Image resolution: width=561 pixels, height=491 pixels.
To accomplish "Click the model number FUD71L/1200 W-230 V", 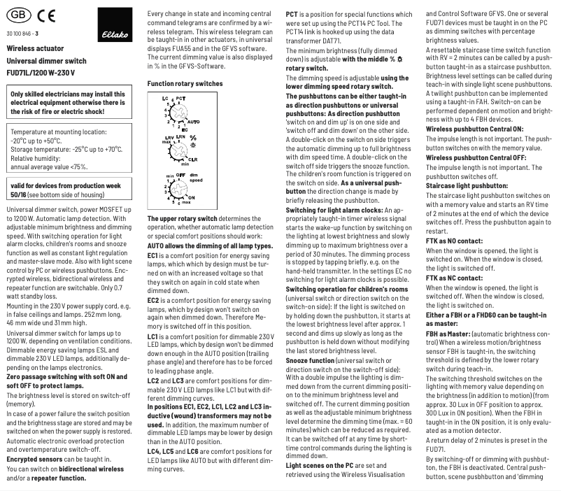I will [41, 72].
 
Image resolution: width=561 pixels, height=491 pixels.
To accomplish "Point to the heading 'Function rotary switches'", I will [185, 83].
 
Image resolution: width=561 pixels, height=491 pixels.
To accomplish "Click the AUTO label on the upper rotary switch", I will [194, 121].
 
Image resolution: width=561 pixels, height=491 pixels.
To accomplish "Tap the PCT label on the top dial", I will [180, 99].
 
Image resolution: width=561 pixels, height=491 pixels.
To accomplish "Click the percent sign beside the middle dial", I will [193, 138].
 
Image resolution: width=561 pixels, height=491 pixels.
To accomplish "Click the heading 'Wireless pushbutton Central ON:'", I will [474, 129].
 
